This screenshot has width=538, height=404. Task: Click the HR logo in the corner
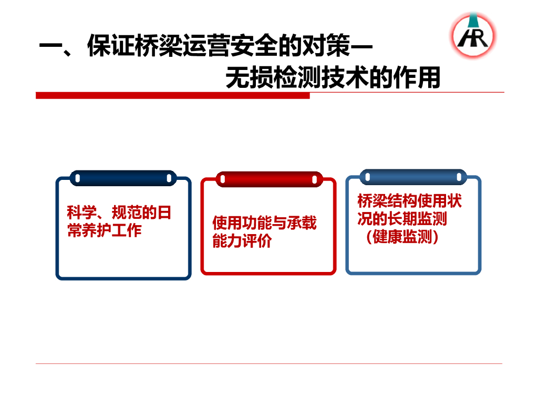pos(473,35)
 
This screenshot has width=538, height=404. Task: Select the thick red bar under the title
pos(172,96)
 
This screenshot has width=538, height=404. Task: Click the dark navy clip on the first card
pos(123,178)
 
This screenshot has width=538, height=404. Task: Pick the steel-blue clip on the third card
pos(413,177)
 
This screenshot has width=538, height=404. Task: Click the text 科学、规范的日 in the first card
pos(119,213)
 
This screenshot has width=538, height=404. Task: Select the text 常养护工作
pos(105,230)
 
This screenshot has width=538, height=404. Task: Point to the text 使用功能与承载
pos(264,223)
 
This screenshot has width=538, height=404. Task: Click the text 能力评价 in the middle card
pos(242,241)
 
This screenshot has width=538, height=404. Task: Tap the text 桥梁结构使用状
pos(409,201)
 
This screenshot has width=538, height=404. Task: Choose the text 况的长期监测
pos(402,219)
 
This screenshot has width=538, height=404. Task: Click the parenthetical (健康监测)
pos(402,237)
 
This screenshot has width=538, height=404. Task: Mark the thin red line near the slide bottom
pos(269,363)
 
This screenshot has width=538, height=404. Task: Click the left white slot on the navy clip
pos(78,178)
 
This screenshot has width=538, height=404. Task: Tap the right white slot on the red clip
pos(314,179)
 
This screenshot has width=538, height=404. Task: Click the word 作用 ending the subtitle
pos(417,78)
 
